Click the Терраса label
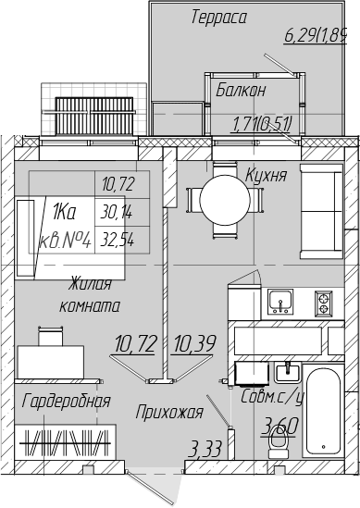[x=219, y=18]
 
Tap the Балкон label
[x=241, y=90]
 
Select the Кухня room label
[x=266, y=176]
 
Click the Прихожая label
[x=169, y=412]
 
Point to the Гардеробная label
[x=67, y=401]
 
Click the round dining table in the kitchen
[x=225, y=200]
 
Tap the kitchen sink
[x=280, y=302]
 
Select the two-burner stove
[x=323, y=304]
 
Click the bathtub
[x=323, y=412]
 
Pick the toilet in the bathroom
[x=279, y=442]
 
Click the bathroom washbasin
[x=288, y=372]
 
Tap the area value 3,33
[x=205, y=450]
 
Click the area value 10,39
[x=195, y=343]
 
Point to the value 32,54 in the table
[x=118, y=240]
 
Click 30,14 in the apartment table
[x=117, y=213]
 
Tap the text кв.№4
[x=65, y=241]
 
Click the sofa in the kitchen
[x=321, y=211]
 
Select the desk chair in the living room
[x=51, y=336]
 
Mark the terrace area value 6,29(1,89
[x=316, y=35]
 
